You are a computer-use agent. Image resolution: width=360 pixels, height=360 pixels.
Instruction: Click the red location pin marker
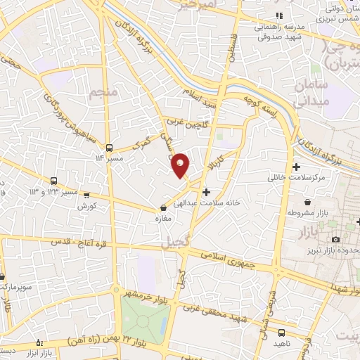[x=181, y=164]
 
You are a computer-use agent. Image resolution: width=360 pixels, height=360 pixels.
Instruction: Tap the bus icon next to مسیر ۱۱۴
[x=109, y=148]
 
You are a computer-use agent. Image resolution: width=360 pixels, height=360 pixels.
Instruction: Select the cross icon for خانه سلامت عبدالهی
[x=206, y=191]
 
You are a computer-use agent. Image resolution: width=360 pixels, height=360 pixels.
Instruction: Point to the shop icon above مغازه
[x=164, y=208]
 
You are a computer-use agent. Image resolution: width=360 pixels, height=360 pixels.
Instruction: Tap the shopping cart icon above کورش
[x=86, y=196]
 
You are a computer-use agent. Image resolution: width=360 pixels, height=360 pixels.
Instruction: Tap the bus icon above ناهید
[x=282, y=331]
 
